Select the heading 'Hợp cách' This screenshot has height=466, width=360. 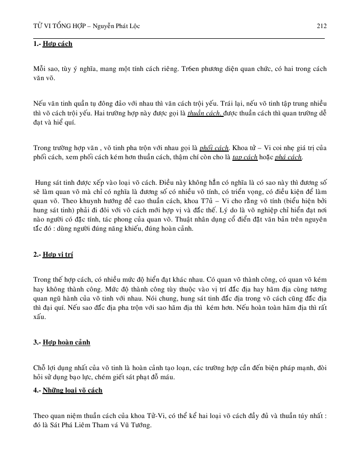pyautogui.click(x=58, y=44)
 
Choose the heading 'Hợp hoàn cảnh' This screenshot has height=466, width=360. pyautogui.click(x=66, y=342)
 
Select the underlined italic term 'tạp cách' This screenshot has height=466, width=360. pyautogui.click(x=244, y=157)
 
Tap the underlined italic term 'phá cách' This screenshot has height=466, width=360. pyautogui.click(x=289, y=157)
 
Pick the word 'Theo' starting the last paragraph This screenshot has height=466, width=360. pyautogui.click(x=41, y=415)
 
